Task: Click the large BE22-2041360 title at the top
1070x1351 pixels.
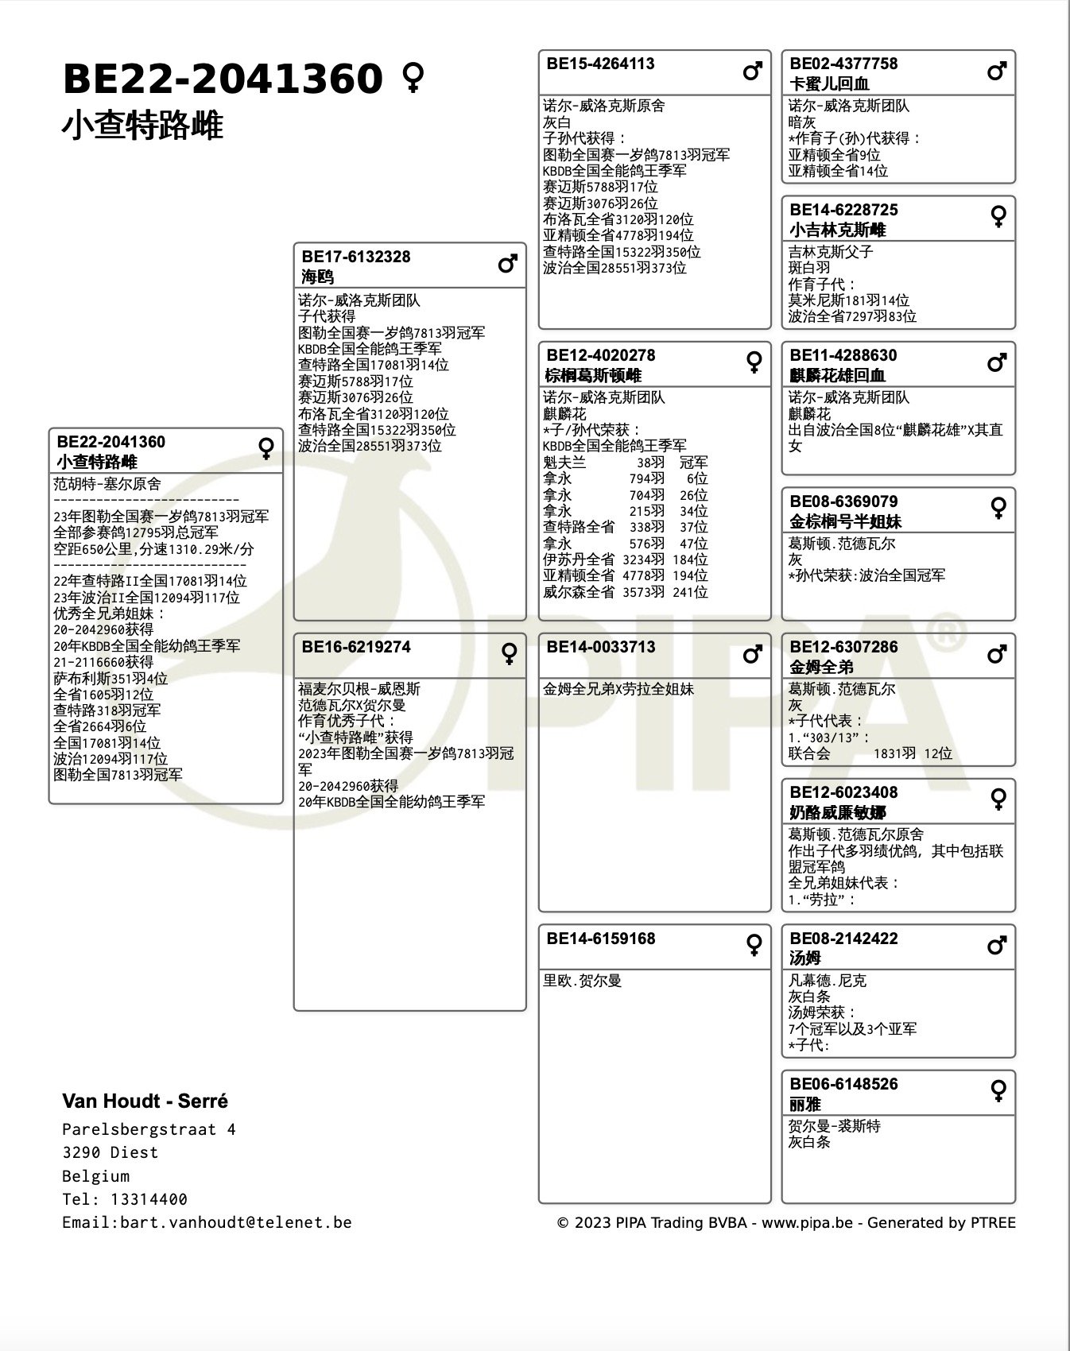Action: click(x=223, y=79)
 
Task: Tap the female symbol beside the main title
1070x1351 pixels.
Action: click(x=413, y=78)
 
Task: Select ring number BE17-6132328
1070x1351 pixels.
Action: click(x=356, y=257)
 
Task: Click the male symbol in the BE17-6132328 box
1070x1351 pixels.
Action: click(x=508, y=263)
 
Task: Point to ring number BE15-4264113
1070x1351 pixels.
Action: click(x=600, y=64)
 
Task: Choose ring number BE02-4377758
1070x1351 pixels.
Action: click(x=843, y=64)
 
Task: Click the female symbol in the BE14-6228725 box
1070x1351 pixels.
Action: click(x=998, y=216)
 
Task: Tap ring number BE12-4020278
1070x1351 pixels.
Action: click(x=600, y=355)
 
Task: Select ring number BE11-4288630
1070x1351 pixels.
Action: click(x=843, y=355)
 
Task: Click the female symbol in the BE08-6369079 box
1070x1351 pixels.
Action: click(x=998, y=508)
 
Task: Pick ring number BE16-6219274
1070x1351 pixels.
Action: click(x=356, y=647)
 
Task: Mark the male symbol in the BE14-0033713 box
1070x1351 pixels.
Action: click(x=753, y=654)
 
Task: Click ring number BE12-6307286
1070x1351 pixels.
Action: click(x=843, y=647)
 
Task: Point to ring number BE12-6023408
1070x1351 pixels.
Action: click(x=843, y=792)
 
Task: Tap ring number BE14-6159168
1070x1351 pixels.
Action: click(x=600, y=939)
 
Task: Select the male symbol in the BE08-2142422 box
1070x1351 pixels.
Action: click(x=998, y=946)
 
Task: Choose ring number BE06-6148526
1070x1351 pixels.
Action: click(x=843, y=1084)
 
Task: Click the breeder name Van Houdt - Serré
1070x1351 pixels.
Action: click(x=145, y=1101)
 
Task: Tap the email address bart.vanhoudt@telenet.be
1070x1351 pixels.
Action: click(x=235, y=1222)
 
